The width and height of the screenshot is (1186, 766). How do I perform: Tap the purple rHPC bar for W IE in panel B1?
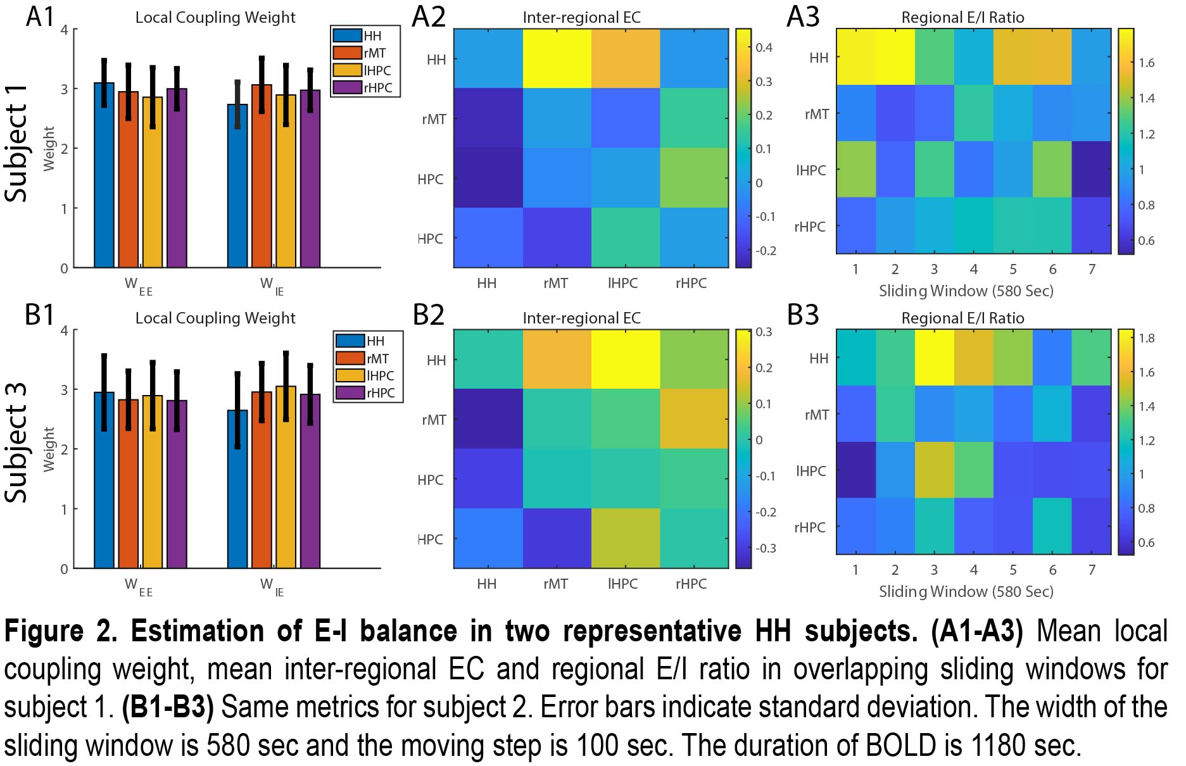click(310, 481)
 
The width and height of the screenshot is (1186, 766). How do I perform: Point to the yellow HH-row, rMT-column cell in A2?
click(557, 58)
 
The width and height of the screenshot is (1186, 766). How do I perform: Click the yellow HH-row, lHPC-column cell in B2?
click(626, 359)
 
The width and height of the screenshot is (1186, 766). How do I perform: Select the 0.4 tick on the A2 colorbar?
click(764, 47)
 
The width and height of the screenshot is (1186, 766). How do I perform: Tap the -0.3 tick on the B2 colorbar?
click(766, 548)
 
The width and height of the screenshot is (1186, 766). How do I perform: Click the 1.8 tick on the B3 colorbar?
click(1146, 338)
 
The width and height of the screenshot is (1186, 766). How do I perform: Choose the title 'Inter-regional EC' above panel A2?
click(581, 18)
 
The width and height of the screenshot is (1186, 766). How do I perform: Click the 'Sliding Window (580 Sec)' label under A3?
click(966, 291)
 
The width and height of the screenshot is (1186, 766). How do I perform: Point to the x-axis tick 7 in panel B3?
click(1092, 570)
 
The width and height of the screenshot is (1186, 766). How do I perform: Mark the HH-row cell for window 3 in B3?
click(934, 358)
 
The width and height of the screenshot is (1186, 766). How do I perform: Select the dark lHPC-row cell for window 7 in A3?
click(1092, 170)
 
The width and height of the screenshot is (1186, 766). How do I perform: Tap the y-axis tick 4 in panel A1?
click(64, 30)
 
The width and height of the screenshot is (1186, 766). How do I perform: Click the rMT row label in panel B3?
click(816, 415)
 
